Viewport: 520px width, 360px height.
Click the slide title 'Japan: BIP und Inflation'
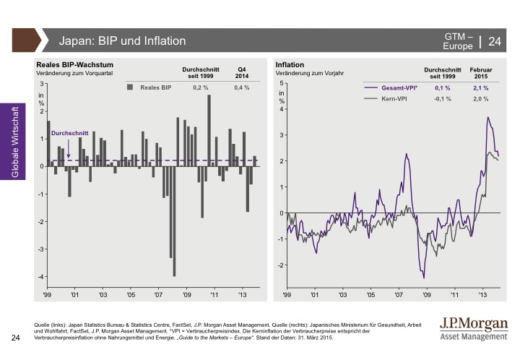tap(122, 41)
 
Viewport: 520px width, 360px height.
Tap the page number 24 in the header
tap(495, 41)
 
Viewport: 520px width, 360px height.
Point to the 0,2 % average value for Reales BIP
tap(201, 87)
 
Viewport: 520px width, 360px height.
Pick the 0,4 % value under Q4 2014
tap(242, 87)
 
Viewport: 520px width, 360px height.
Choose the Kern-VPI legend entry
tap(394, 98)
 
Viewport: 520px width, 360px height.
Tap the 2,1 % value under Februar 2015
tap(481, 87)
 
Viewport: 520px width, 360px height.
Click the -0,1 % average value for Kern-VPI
tap(442, 98)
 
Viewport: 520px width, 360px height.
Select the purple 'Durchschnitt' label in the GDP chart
tap(69, 134)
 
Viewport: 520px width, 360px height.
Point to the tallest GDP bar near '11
tap(209, 130)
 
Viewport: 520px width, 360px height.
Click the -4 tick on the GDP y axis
tap(41, 277)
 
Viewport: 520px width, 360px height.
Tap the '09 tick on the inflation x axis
tap(426, 295)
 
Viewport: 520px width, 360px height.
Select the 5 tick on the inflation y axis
tap(282, 84)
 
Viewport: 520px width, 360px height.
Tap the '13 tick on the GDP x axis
tap(243, 295)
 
